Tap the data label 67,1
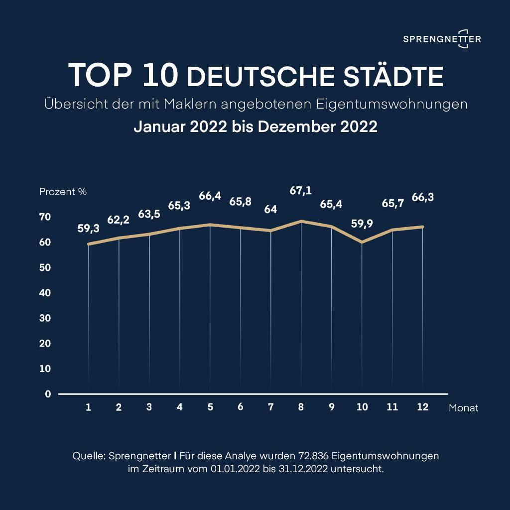click(x=301, y=190)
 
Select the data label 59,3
click(x=89, y=229)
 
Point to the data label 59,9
click(x=362, y=224)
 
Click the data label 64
click(x=271, y=210)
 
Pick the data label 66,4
click(x=210, y=196)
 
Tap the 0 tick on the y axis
click(x=48, y=394)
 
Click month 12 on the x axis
click(x=423, y=407)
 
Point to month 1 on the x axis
click(x=88, y=407)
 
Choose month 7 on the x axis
click(x=271, y=407)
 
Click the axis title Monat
click(x=463, y=408)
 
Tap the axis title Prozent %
click(x=63, y=192)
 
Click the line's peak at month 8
click(x=301, y=221)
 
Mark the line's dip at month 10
click(x=362, y=243)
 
